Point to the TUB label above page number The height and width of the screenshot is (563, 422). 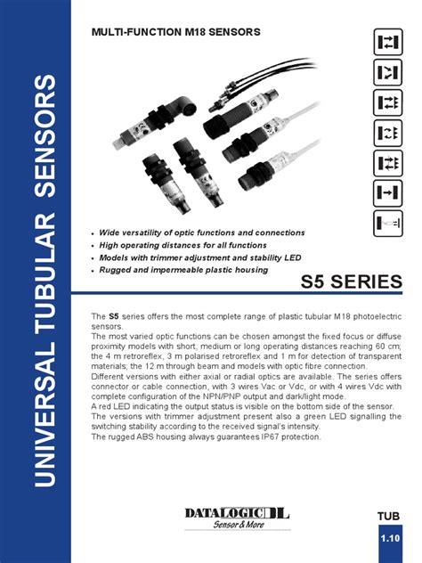coord(389,518)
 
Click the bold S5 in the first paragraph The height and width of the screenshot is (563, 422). coord(114,317)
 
